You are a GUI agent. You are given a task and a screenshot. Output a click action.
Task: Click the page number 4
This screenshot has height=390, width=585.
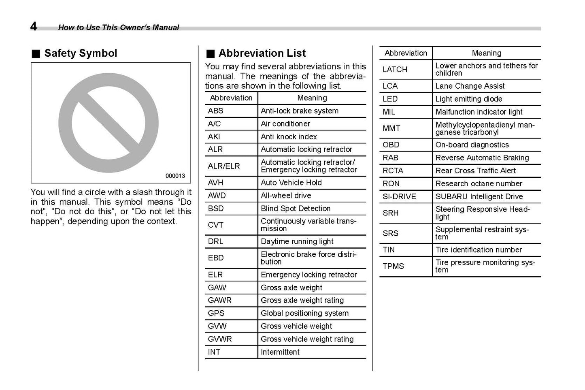(34, 26)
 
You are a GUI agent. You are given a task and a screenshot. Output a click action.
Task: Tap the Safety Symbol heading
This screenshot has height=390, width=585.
(80, 53)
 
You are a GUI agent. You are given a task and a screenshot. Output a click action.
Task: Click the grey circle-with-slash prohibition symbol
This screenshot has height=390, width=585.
(108, 123)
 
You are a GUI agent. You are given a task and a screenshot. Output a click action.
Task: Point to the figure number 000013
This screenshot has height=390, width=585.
(175, 176)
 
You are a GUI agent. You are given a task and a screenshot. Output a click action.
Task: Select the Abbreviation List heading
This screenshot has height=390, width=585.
(262, 53)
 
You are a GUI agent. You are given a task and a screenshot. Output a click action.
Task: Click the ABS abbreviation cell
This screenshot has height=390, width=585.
(216, 111)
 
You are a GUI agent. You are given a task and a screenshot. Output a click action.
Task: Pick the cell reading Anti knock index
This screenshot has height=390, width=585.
(289, 136)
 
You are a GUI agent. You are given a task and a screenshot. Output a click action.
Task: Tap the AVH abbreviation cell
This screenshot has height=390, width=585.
(215, 183)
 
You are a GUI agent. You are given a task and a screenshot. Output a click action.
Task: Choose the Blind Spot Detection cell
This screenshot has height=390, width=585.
(296, 209)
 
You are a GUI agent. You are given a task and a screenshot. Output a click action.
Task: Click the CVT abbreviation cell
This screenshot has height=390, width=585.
(215, 225)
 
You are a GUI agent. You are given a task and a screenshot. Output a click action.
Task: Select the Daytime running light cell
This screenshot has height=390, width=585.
(297, 241)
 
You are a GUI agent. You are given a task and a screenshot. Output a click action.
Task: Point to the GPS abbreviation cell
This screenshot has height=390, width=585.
(216, 313)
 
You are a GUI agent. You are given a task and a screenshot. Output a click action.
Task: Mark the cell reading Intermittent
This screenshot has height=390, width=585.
(280, 352)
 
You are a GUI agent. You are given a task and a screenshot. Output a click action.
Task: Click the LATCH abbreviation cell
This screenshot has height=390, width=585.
(395, 69)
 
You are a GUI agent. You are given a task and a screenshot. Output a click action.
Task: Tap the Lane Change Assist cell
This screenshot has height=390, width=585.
(470, 86)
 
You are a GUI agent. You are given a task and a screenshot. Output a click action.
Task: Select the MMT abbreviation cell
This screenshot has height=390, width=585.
(391, 128)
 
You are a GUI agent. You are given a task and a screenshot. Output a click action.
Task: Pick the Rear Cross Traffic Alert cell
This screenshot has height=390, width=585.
(475, 170)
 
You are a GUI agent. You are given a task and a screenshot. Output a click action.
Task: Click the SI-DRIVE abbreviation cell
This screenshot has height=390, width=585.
(399, 196)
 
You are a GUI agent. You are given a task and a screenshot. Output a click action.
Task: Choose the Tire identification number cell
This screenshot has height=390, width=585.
(479, 250)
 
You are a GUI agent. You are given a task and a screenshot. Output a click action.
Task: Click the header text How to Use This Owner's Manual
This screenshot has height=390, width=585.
(118, 28)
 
